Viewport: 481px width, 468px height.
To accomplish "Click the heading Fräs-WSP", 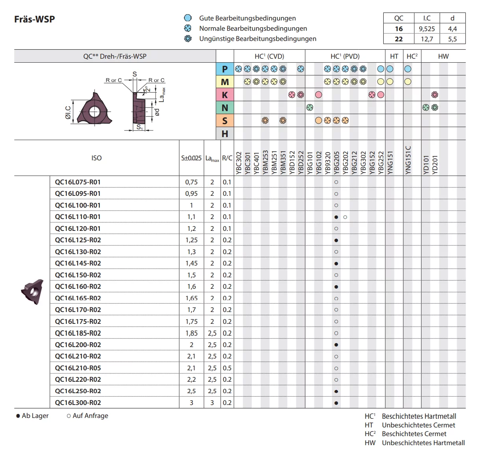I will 35,19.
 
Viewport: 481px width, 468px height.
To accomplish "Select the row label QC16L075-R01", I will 78,182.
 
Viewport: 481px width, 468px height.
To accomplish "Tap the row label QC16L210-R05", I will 78,368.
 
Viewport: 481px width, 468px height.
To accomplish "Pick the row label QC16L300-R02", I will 78,403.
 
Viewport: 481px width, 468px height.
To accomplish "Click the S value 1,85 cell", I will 191,333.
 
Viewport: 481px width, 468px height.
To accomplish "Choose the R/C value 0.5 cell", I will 227,368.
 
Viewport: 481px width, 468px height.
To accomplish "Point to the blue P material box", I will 225,69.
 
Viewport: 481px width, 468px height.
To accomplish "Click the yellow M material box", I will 225,82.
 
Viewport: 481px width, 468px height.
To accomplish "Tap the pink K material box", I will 225,95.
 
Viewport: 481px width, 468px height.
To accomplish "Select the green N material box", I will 225,108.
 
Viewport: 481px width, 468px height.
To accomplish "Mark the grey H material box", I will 225,134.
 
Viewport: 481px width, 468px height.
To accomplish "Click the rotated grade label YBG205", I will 336,163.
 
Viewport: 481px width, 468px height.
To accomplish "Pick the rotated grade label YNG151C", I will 408,160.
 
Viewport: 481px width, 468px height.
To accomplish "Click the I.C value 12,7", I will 427,39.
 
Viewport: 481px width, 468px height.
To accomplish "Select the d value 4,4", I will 452,29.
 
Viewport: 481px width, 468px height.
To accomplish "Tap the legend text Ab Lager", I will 35,416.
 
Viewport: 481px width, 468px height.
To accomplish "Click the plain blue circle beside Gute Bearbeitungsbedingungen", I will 188,18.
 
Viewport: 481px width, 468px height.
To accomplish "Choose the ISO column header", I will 97,158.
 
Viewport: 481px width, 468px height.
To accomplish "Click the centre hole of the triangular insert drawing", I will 94,112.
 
